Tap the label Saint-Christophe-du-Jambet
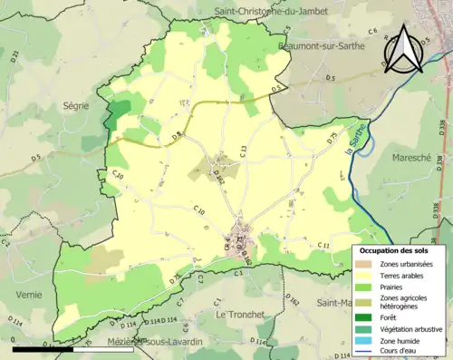coord(269,11)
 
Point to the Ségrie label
coord(75,106)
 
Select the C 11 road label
coord(323,245)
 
